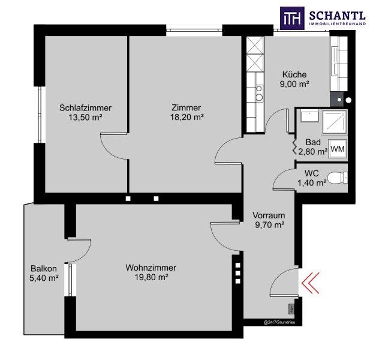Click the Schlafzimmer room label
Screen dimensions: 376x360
(85, 108)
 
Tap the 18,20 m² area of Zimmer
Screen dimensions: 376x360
(187, 118)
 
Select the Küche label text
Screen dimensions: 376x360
(294, 74)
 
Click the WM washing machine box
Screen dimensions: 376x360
(338, 149)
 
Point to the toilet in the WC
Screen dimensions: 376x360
(338, 178)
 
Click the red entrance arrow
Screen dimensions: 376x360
(311, 283)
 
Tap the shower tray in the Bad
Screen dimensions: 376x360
(334, 122)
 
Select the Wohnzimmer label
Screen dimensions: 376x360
(151, 268)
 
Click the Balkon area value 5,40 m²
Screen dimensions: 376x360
(44, 278)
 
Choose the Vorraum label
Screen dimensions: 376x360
(269, 215)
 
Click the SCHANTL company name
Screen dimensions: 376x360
(337, 16)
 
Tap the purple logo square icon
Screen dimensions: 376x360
(292, 18)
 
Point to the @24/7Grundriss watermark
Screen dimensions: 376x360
(279, 322)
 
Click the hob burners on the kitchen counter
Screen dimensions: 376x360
(258, 93)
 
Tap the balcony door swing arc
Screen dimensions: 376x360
(85, 254)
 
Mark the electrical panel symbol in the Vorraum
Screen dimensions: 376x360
(291, 308)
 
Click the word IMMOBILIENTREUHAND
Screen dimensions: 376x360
(338, 24)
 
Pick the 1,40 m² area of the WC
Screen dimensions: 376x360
(312, 183)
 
